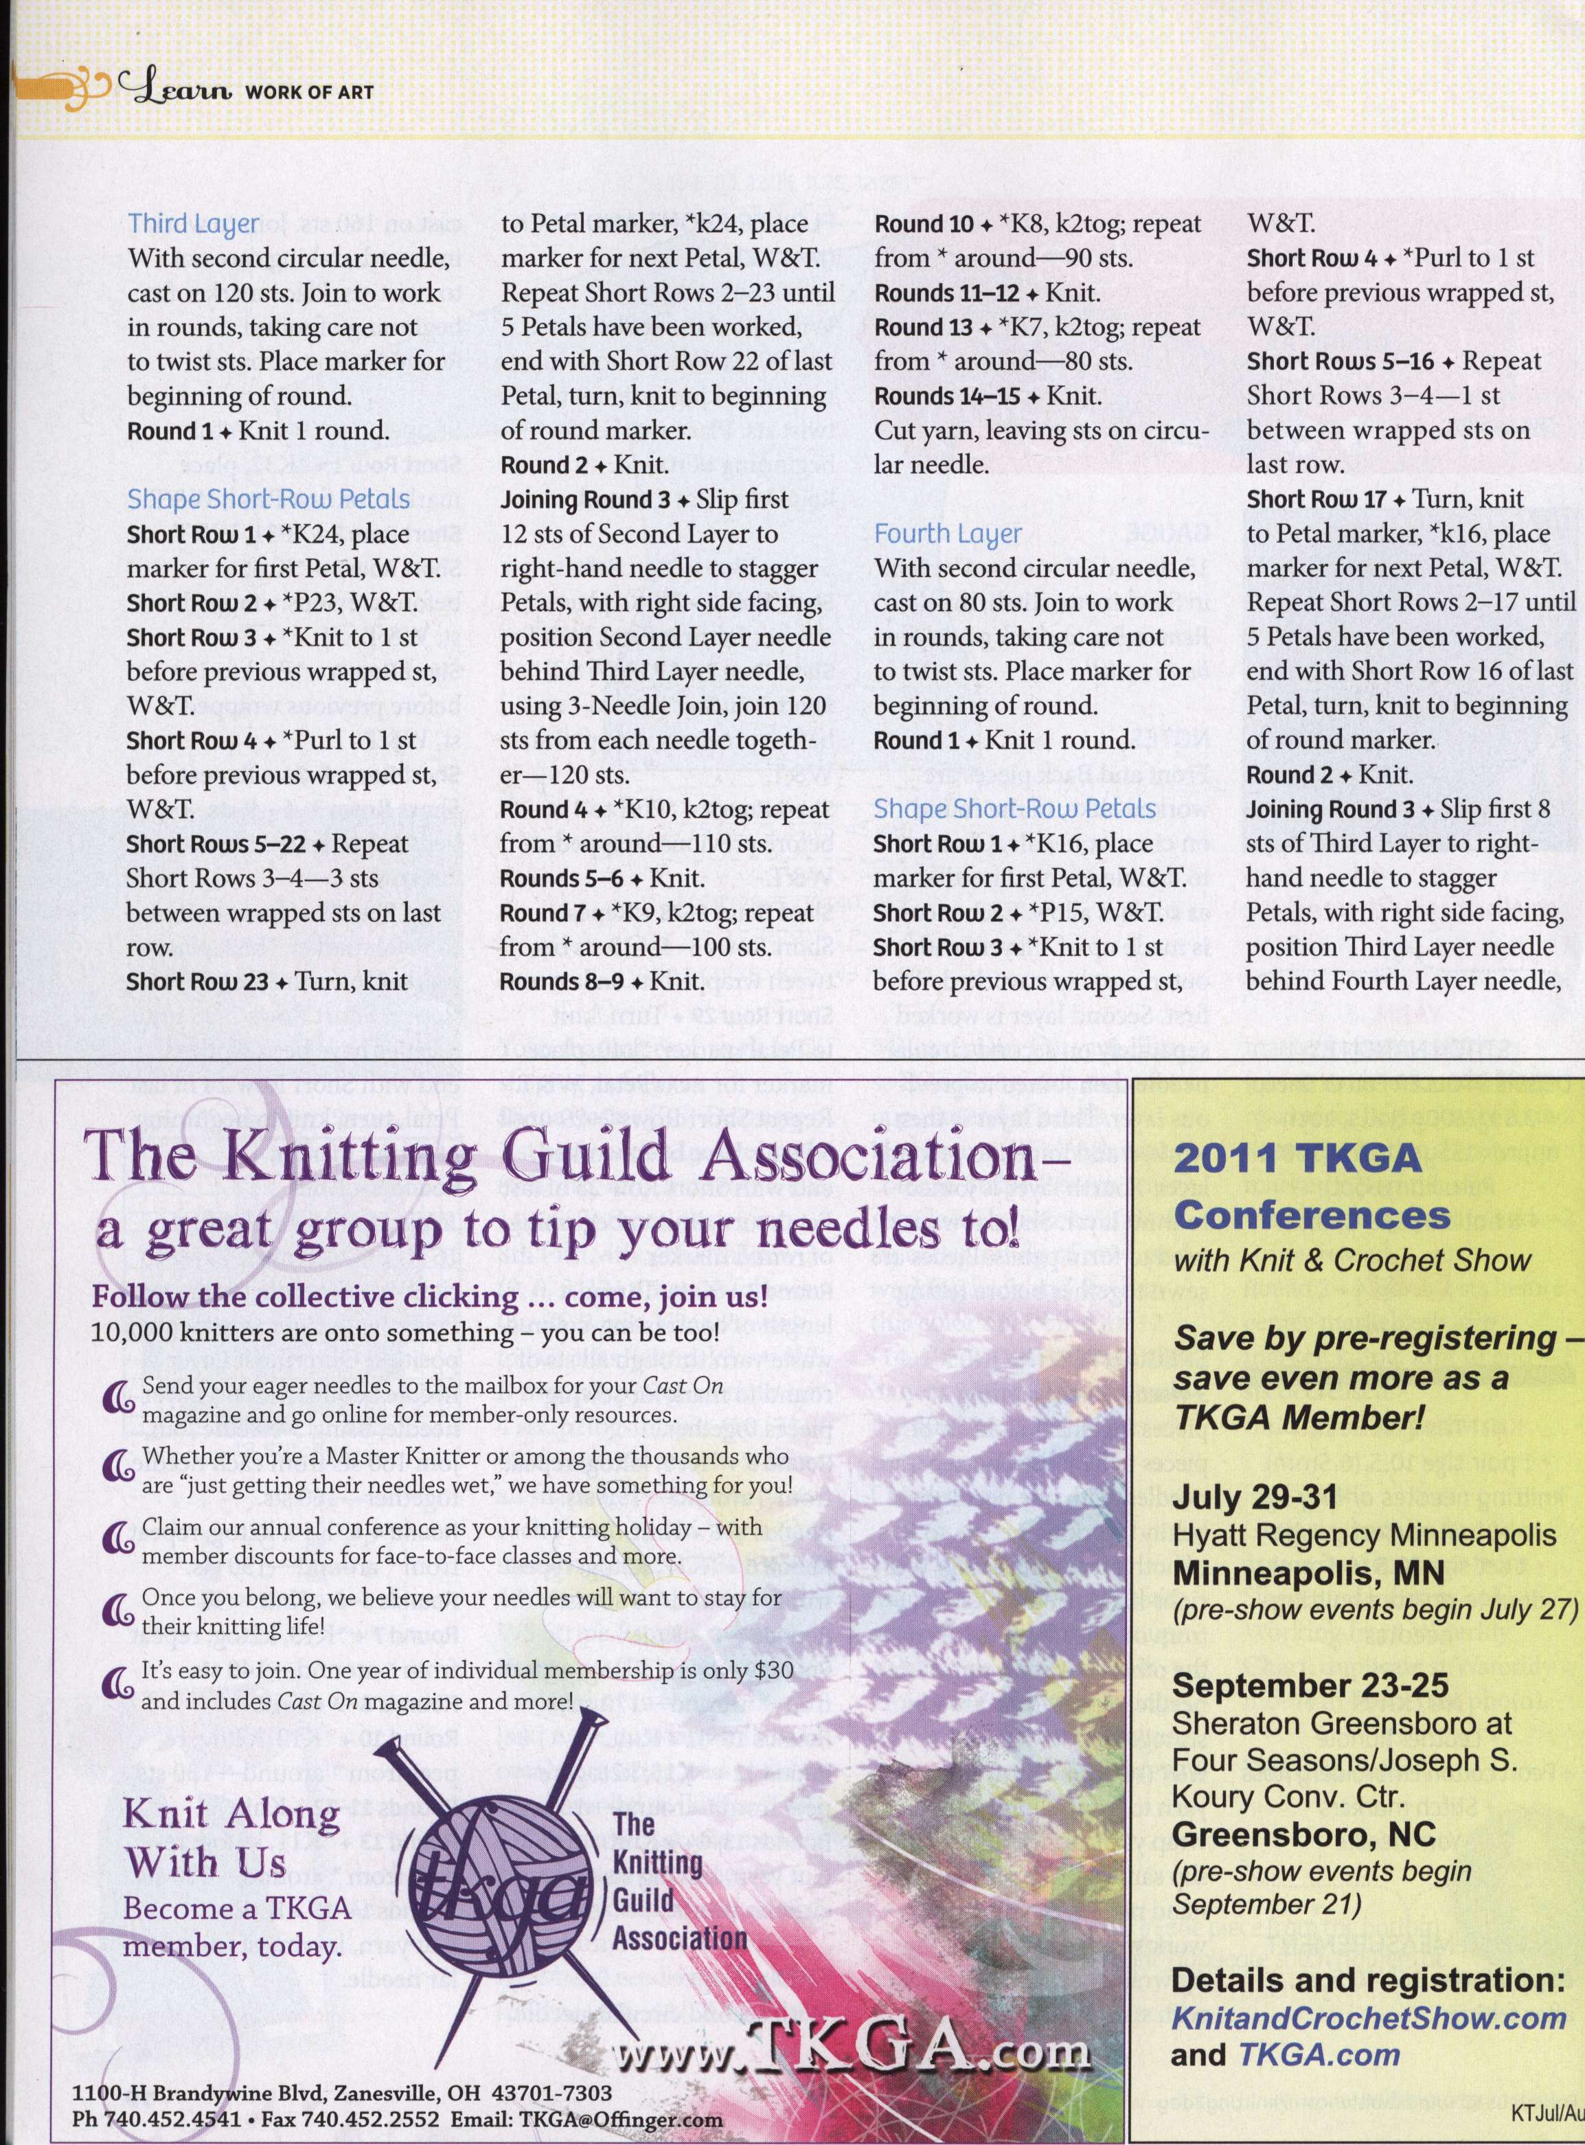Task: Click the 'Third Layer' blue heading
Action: (x=193, y=223)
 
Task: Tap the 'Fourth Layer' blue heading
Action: (x=948, y=534)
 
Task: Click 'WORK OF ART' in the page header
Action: (x=309, y=92)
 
